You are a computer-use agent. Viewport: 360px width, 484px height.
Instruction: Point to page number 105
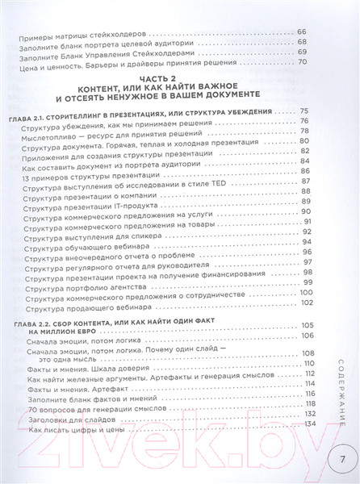point(300,325)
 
